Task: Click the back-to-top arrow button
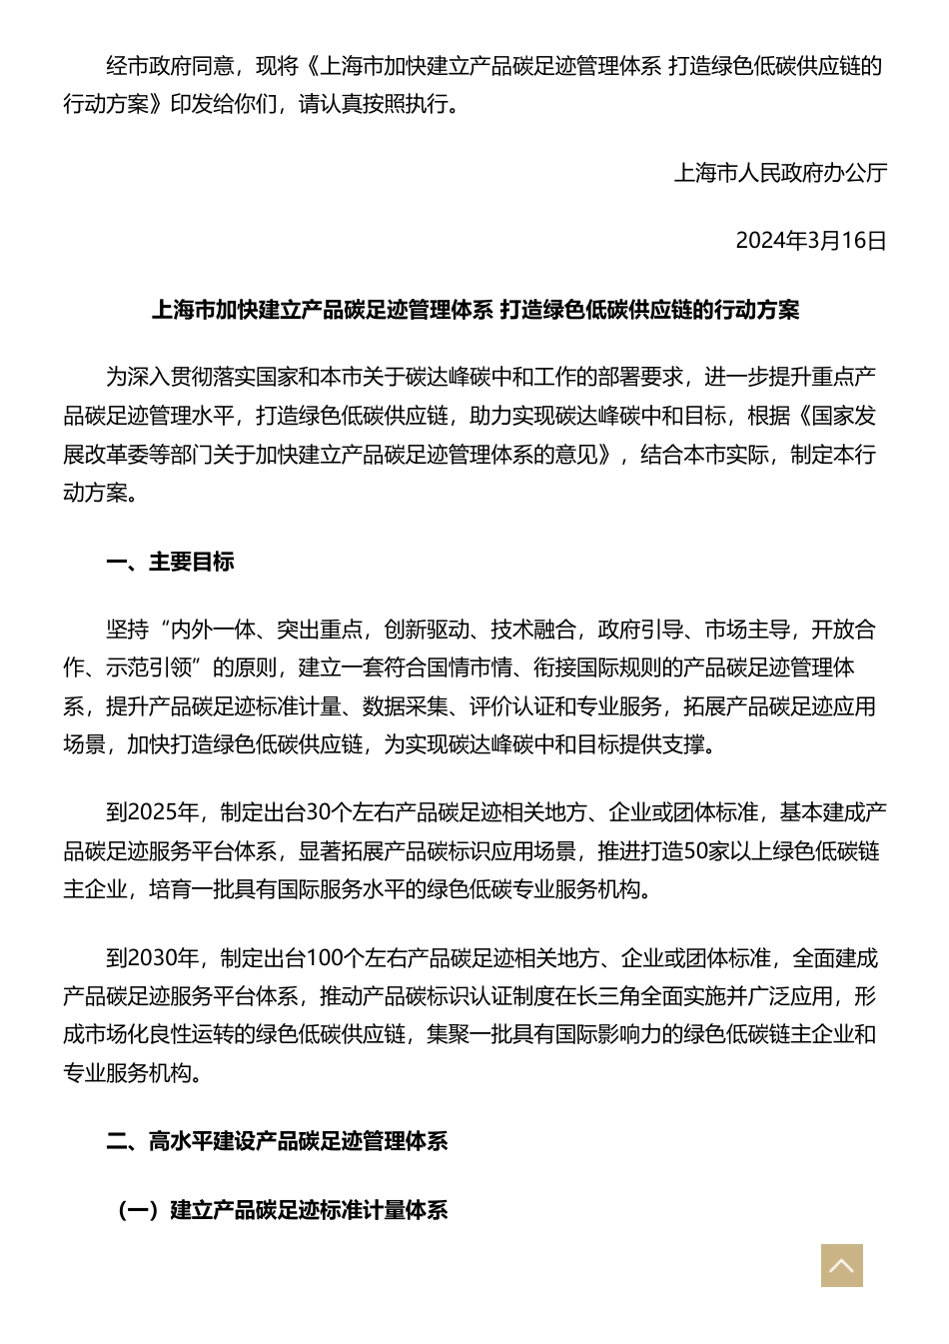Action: pyautogui.click(x=841, y=1265)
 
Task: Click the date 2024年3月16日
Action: pyautogui.click(x=810, y=241)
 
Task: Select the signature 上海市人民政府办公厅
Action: pyautogui.click(x=780, y=173)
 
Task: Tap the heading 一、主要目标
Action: pyautogui.click(x=170, y=562)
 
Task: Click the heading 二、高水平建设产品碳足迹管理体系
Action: pyautogui.click(x=277, y=1141)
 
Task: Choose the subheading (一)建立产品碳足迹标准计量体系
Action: pyautogui.click(x=283, y=1210)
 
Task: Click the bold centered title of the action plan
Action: pyautogui.click(x=474, y=310)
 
